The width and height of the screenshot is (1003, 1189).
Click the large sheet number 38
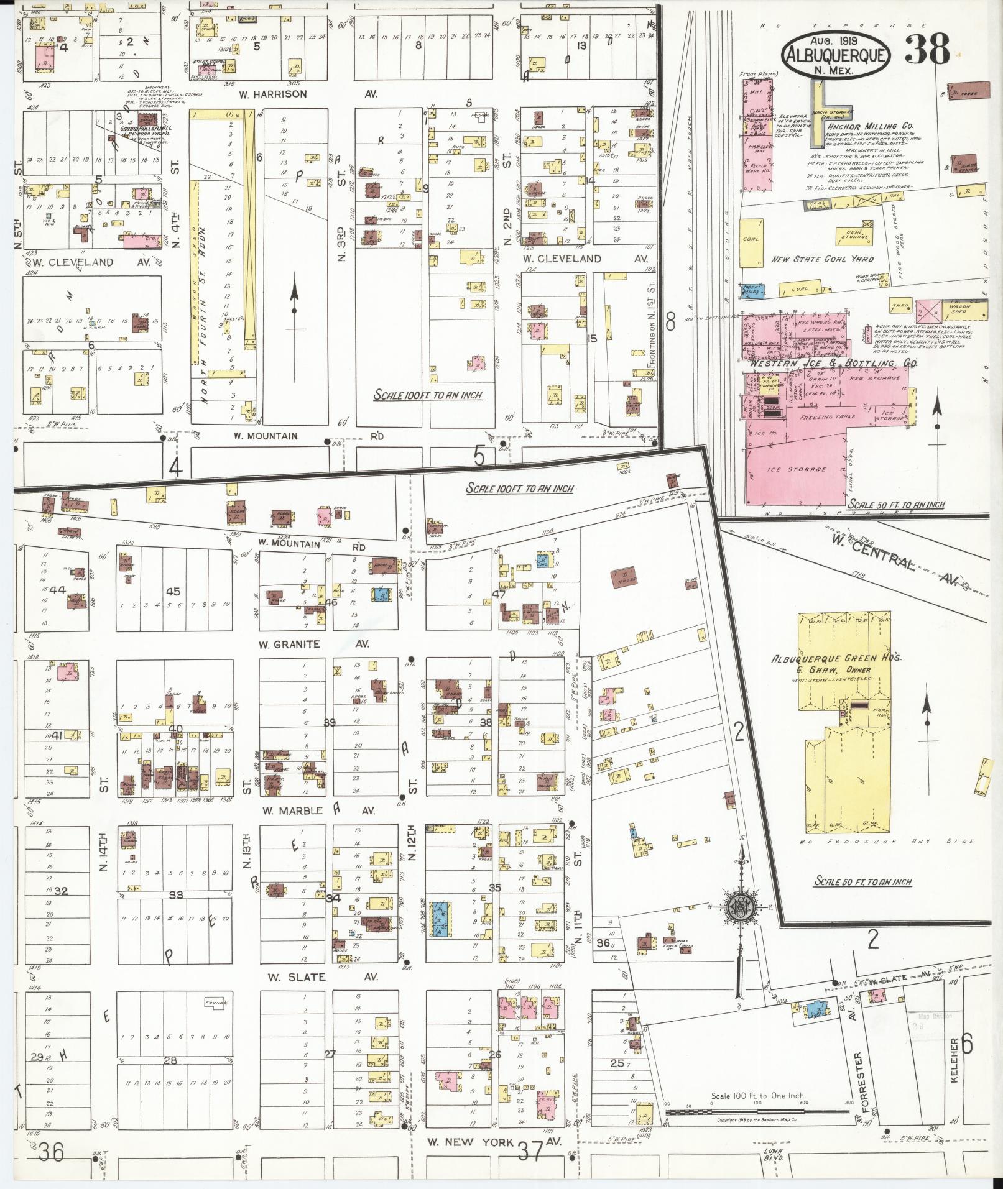pyautogui.click(x=927, y=50)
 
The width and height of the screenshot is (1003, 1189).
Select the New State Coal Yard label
pyautogui.click(x=822, y=259)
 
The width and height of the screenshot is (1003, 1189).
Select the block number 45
pyautogui.click(x=172, y=591)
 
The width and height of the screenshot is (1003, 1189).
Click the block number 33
pyautogui.click(x=176, y=895)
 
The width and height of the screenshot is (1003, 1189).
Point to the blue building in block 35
pyautogui.click(x=441, y=920)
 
